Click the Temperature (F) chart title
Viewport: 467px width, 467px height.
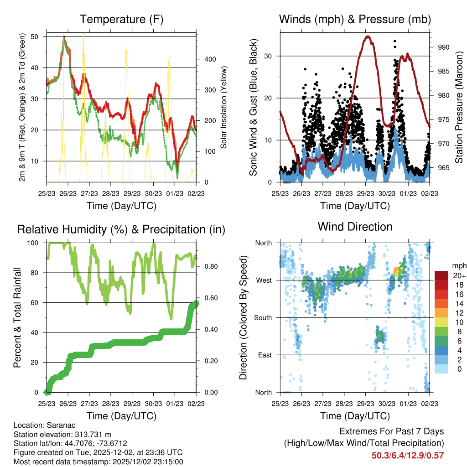(x=121, y=20)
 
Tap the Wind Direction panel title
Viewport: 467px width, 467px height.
(x=355, y=227)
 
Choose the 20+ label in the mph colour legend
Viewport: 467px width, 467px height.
(x=458, y=275)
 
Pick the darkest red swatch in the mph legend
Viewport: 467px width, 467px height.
(x=441, y=275)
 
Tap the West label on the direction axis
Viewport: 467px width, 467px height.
(x=264, y=280)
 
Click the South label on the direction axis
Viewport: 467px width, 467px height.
(x=263, y=318)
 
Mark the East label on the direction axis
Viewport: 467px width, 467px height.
(x=265, y=355)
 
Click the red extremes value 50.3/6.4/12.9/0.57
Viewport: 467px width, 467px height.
(x=408, y=455)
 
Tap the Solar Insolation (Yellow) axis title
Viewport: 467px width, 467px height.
(x=224, y=108)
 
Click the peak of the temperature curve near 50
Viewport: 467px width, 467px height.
(x=64, y=36)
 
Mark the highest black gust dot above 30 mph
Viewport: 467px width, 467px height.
(x=394, y=41)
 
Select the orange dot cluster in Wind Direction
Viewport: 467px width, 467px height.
(x=396, y=271)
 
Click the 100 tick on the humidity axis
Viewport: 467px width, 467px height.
(x=35, y=243)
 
